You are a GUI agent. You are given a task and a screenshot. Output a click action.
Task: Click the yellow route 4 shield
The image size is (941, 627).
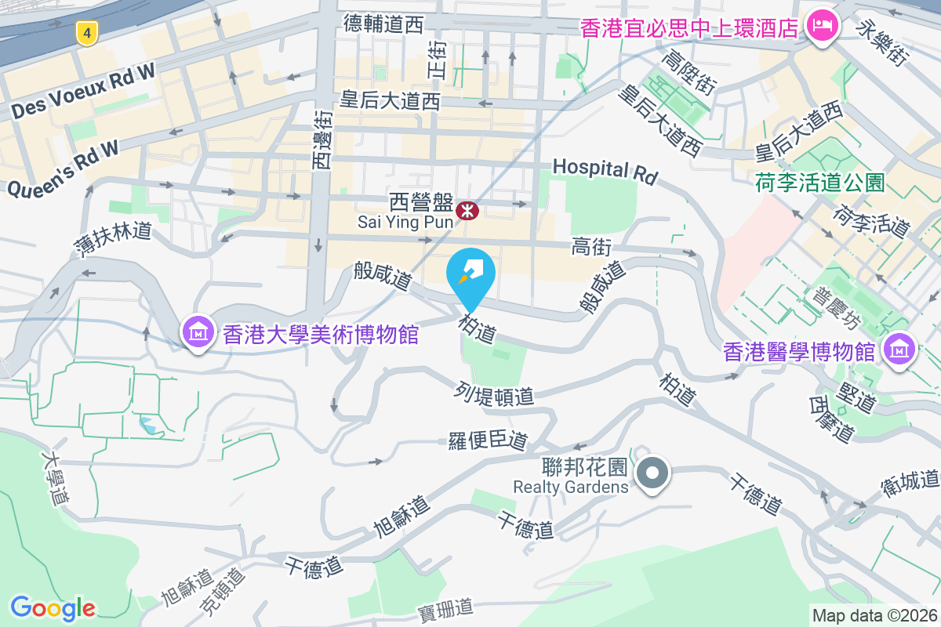87,33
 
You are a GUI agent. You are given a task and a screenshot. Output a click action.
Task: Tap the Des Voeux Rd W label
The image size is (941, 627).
84,92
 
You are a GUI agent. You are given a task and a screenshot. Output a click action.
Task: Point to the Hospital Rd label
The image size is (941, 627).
604,170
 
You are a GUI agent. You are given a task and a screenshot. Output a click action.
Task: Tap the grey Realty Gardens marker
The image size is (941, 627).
652,473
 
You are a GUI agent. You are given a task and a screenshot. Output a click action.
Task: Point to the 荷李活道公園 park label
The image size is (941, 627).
820,183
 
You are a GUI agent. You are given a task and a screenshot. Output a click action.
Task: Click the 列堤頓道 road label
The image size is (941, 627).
494,393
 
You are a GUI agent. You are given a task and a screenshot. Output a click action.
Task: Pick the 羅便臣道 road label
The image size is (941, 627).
487,440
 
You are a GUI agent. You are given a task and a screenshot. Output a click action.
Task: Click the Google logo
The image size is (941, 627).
53,607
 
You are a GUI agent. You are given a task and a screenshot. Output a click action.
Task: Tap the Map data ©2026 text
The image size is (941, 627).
874,616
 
